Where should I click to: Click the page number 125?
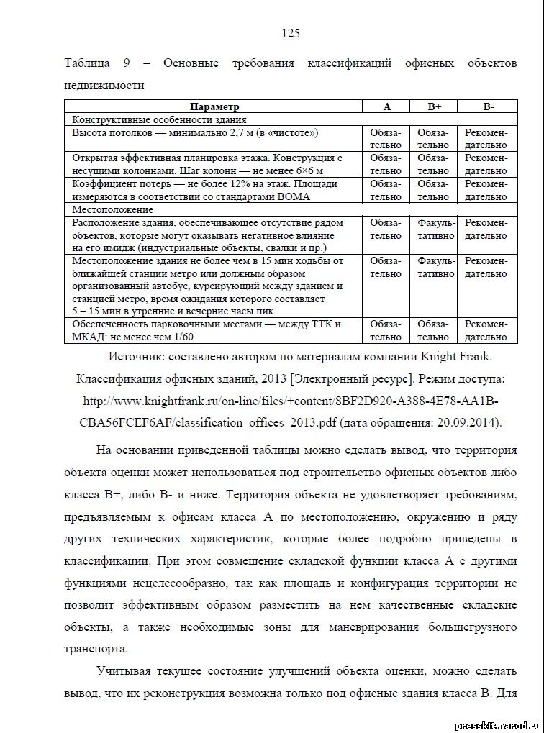pyautogui.click(x=290, y=34)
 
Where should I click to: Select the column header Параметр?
pyautogui.click(x=216, y=106)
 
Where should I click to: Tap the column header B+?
pyautogui.click(x=434, y=106)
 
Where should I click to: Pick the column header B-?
pyautogui.click(x=487, y=106)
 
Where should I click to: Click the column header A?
pyautogui.click(x=386, y=106)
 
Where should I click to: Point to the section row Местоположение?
pyautogui.click(x=112, y=209)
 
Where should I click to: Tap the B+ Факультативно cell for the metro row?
pyautogui.click(x=434, y=267)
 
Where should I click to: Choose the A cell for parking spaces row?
pyautogui.click(x=386, y=330)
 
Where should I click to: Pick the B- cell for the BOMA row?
pyautogui.click(x=487, y=190)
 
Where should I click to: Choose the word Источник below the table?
pyautogui.click(x=136, y=357)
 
